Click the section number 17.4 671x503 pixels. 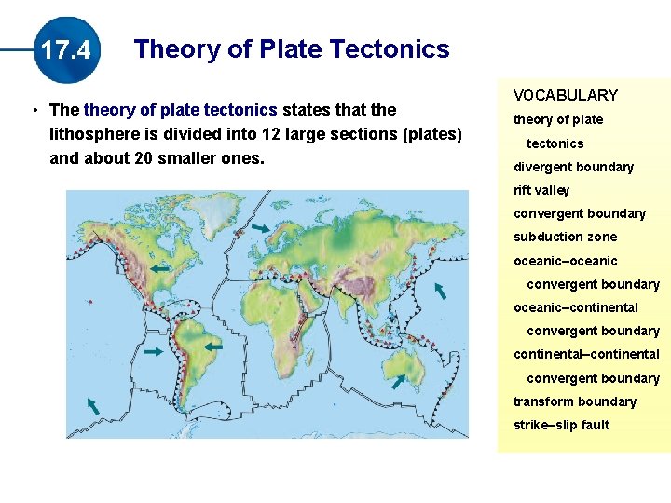click(65, 49)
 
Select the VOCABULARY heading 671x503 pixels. click(565, 95)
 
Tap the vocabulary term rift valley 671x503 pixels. click(541, 190)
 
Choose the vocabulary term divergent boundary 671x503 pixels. click(573, 167)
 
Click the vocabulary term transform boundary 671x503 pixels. click(574, 401)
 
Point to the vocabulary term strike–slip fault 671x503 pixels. click(561, 425)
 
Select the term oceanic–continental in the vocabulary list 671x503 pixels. click(575, 307)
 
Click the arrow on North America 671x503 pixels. click(161, 268)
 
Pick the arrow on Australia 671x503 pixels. click(398, 380)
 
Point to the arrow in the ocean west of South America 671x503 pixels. click(151, 352)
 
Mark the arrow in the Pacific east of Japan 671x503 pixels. click(440, 291)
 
